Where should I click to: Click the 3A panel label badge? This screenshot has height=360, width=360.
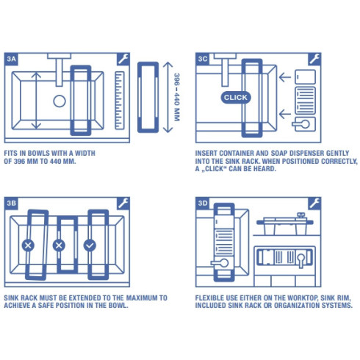point(12,58)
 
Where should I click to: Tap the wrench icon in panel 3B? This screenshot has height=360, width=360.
point(123,202)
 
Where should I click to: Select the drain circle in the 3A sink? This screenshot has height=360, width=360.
point(60,101)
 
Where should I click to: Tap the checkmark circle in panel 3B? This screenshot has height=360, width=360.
point(90,245)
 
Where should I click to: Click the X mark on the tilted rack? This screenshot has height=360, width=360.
point(28,245)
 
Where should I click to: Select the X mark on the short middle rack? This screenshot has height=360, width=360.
point(60,245)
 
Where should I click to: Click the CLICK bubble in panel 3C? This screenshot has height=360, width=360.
point(235,97)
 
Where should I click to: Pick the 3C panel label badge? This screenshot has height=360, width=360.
point(203,58)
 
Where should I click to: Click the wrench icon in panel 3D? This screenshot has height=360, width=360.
point(314,202)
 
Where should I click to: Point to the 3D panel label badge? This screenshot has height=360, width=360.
point(203,202)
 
